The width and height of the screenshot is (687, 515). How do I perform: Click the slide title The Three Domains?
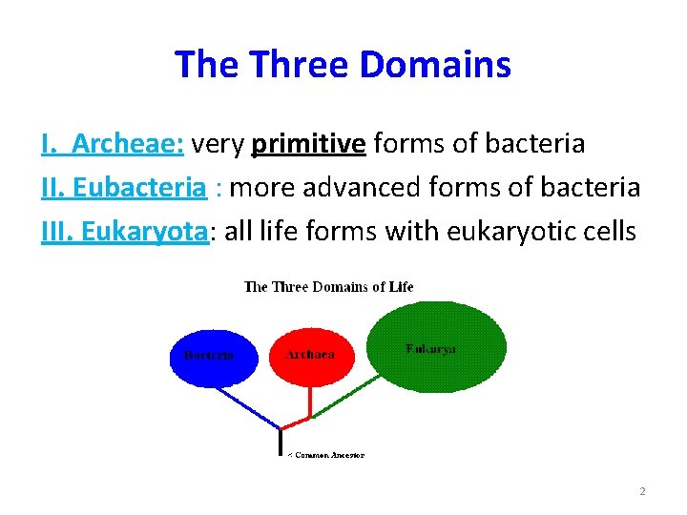[343, 65]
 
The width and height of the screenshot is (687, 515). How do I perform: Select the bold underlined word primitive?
[308, 144]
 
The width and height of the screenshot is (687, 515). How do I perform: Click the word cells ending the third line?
[608, 232]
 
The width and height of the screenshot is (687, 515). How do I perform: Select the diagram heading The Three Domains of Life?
[329, 286]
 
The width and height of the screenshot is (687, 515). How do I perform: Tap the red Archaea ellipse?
[310, 354]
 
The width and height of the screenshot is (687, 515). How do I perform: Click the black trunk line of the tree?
[281, 442]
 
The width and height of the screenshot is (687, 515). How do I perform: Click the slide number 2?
[641, 491]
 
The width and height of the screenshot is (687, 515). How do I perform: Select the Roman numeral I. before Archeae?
[50, 144]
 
